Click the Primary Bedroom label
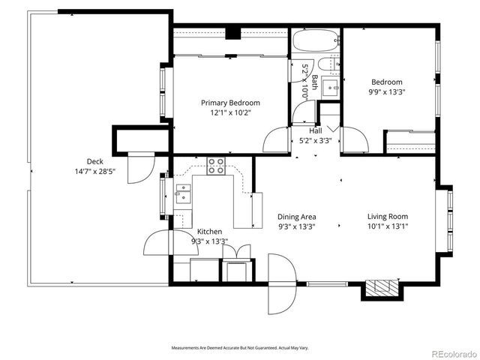pyautogui.click(x=230, y=103)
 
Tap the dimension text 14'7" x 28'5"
pyautogui.click(x=94, y=171)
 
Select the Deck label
pyautogui.click(x=94, y=161)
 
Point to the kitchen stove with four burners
pyautogui.click(x=217, y=166)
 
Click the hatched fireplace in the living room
pyautogui.click(x=381, y=288)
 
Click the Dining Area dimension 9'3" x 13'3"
pyautogui.click(x=296, y=226)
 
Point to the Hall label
pyautogui.click(x=316, y=130)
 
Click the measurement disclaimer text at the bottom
pyautogui.click(x=240, y=348)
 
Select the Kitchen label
pyautogui.click(x=211, y=232)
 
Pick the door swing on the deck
pyautogui.click(x=138, y=167)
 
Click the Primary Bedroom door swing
pyautogui.click(x=277, y=140)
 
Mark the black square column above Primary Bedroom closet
pyautogui.click(x=233, y=33)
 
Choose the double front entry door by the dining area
pyautogui.click(x=280, y=283)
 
